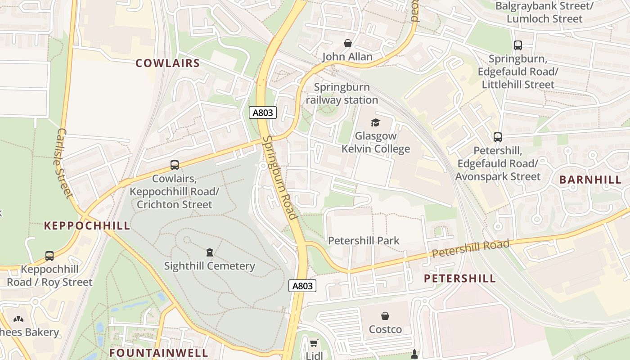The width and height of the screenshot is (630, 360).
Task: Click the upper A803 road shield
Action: [263, 112]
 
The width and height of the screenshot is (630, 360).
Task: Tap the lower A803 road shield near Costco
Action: [302, 286]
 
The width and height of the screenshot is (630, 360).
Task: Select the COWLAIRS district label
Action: [167, 63]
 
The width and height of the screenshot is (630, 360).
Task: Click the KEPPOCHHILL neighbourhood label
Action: [87, 226]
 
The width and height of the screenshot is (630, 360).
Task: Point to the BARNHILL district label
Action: [590, 180]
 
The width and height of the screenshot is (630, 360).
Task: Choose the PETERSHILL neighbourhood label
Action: [460, 279]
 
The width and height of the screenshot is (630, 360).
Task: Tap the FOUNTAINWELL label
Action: [159, 352]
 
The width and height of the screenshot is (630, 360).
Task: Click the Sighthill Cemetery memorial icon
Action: [209, 252]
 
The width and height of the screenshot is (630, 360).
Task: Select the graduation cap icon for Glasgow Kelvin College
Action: [375, 122]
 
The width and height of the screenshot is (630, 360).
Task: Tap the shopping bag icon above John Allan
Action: [347, 43]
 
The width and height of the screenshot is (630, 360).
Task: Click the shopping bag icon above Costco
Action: [385, 316]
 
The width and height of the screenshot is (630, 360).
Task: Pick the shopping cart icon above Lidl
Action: [314, 343]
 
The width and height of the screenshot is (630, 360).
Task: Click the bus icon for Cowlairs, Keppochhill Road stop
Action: [174, 165]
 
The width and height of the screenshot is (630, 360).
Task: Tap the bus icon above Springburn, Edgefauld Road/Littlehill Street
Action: [517, 45]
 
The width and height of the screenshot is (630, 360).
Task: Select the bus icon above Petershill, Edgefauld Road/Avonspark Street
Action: [497, 137]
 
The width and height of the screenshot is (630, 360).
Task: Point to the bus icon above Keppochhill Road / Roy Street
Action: [49, 256]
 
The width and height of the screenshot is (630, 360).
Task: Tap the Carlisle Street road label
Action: [64, 163]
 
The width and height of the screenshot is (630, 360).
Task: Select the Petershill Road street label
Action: [470, 249]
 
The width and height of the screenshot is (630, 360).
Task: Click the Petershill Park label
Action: [364, 241]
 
